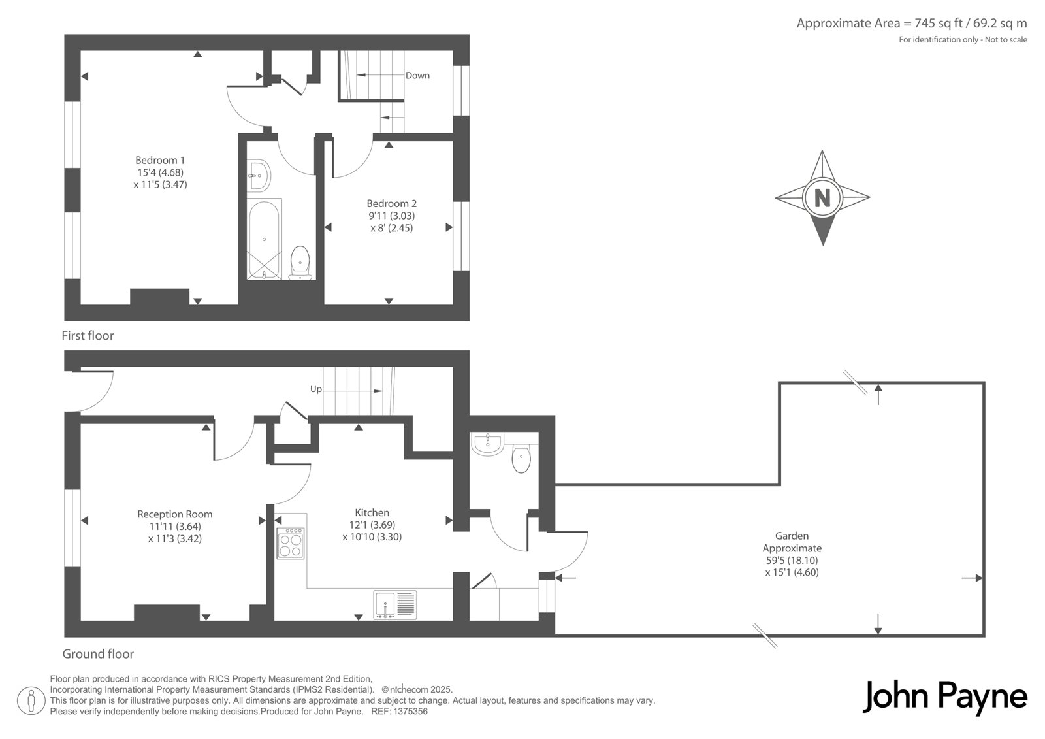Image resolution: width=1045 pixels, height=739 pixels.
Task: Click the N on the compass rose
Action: [x=822, y=197]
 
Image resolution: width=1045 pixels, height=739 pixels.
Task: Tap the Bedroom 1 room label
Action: [x=160, y=160]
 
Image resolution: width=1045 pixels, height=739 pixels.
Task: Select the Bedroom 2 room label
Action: [x=391, y=204]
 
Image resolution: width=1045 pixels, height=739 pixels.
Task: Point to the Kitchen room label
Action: [x=372, y=512]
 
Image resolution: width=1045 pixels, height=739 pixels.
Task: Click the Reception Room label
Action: [x=175, y=514]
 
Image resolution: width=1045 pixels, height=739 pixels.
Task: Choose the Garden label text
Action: [x=792, y=536]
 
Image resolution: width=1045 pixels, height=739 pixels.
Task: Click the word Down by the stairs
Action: [x=417, y=76]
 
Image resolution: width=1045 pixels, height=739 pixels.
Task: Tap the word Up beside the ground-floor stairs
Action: [x=316, y=389]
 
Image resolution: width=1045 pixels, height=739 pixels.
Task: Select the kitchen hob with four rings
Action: [x=291, y=544]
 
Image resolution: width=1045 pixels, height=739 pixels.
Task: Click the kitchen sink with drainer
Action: [x=394, y=604]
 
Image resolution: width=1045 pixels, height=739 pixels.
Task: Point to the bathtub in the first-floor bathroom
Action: [x=264, y=240]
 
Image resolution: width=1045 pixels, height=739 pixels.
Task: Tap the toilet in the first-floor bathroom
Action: [x=300, y=263]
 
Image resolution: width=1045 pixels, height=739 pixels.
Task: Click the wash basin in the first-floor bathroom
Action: [x=259, y=176]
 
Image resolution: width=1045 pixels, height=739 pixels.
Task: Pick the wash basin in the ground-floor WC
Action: [x=487, y=443]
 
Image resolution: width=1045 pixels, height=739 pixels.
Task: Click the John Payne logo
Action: [x=944, y=697]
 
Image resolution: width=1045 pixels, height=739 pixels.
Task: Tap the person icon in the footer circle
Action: [x=31, y=700]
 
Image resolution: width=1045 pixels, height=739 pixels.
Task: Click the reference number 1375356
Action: [x=410, y=712]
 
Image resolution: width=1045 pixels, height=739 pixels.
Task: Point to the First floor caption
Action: [x=88, y=336]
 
